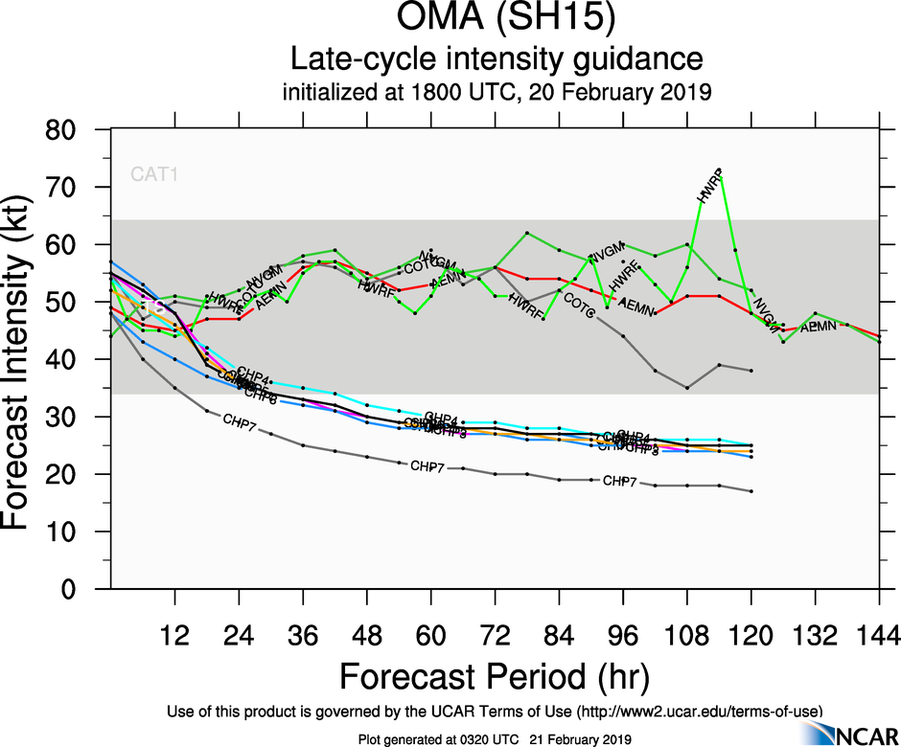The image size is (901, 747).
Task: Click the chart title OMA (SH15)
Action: [x=497, y=20]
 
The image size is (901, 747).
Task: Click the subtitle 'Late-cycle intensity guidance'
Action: [x=497, y=60]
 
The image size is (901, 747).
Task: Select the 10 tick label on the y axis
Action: [x=79, y=532]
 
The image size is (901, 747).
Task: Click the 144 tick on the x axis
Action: [x=879, y=635]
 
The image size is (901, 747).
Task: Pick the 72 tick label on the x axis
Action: [x=495, y=635]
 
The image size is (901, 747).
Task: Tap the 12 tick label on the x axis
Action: [x=174, y=635]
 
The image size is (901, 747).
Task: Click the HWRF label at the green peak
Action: [x=709, y=187]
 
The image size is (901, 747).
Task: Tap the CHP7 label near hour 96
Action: [x=620, y=481]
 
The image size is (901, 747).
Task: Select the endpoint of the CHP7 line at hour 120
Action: [x=751, y=491]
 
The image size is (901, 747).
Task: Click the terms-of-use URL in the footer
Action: [x=697, y=711]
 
